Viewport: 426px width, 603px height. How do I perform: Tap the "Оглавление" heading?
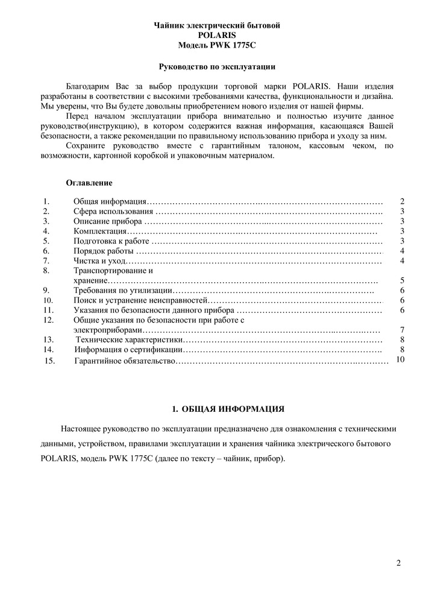[x=89, y=183]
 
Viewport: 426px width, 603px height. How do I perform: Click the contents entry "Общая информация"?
[x=109, y=201]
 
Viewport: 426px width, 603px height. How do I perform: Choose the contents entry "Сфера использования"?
[x=113, y=212]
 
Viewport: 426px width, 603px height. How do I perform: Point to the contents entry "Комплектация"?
[x=99, y=232]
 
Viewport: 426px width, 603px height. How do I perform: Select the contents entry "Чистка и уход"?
[x=99, y=261]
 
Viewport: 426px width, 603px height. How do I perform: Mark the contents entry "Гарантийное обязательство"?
[x=125, y=361]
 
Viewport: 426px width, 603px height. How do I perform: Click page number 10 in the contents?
[x=401, y=359]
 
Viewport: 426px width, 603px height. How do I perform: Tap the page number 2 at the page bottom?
[x=398, y=564]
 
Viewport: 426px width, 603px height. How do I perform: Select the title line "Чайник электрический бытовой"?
[x=217, y=25]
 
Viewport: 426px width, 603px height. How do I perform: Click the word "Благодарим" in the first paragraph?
[x=86, y=87]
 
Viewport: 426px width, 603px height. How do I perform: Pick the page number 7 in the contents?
[x=402, y=330]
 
